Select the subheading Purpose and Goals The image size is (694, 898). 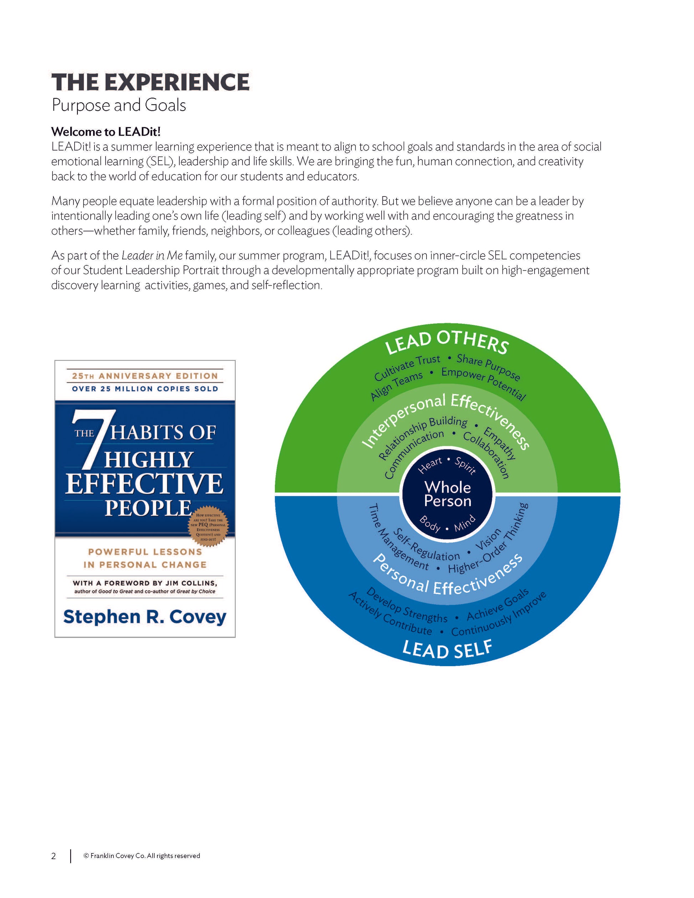(x=118, y=105)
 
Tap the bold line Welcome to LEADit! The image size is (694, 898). (x=106, y=132)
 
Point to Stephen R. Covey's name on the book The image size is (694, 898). (x=145, y=617)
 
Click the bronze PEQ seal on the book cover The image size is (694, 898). (x=208, y=527)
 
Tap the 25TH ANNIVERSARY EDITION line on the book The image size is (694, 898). (x=145, y=376)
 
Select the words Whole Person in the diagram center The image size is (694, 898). (x=447, y=494)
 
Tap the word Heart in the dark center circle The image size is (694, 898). (x=430, y=465)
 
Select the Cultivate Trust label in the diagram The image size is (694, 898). (x=407, y=368)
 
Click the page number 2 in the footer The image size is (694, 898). (x=53, y=856)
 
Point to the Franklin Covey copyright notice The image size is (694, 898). (x=142, y=856)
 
